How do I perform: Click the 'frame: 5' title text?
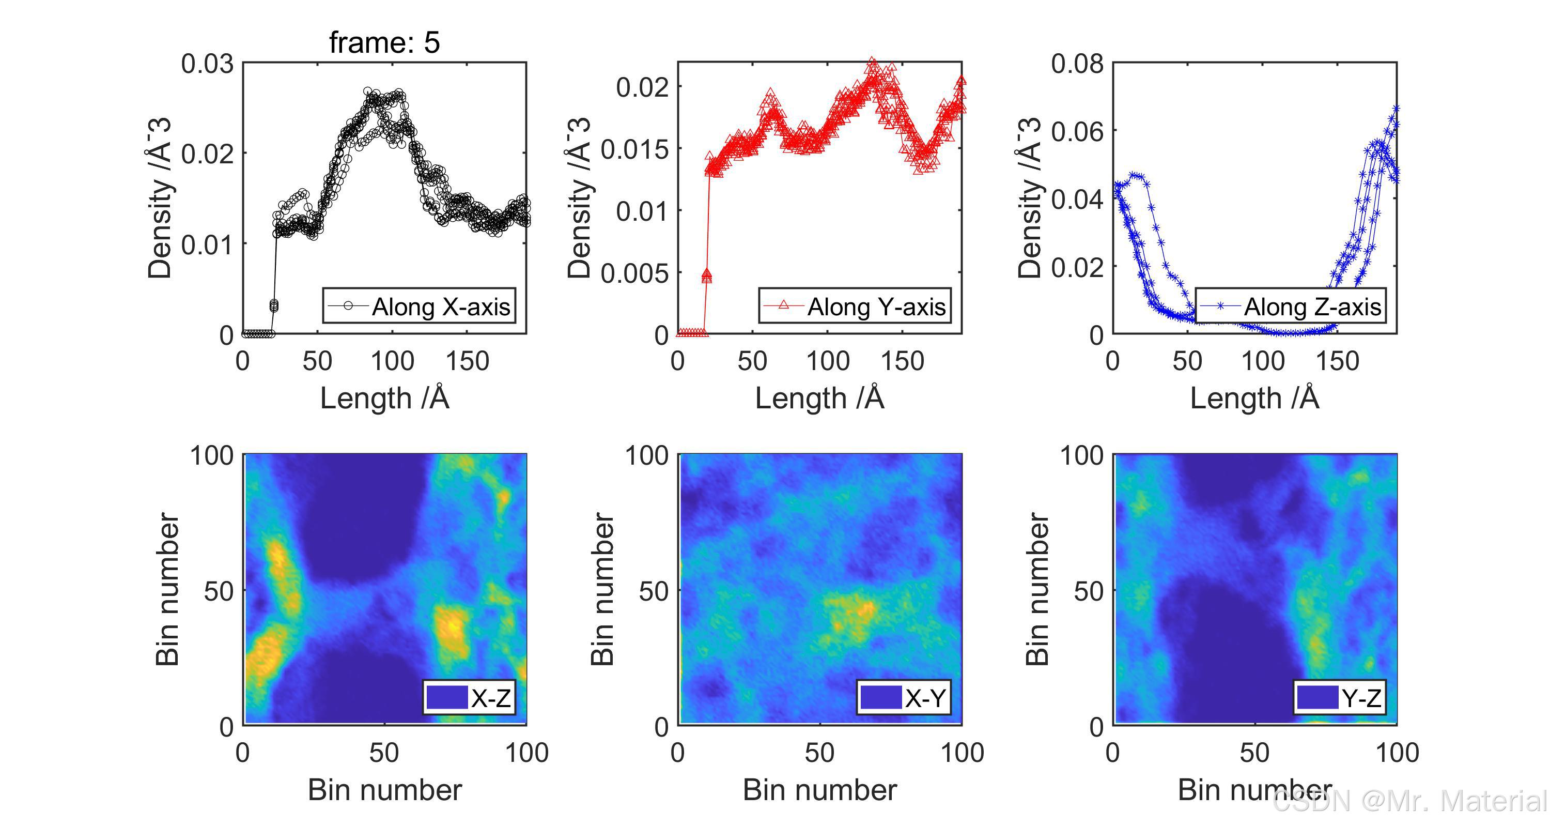click(384, 42)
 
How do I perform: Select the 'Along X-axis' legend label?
click(440, 307)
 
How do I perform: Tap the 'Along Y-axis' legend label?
click(876, 307)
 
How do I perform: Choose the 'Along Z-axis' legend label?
click(1312, 307)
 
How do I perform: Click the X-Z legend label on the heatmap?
click(491, 698)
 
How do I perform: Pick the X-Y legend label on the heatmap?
click(925, 698)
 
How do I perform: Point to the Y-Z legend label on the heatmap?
click(1361, 698)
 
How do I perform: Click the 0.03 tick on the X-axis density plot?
click(207, 64)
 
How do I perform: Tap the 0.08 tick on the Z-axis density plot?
click(1077, 64)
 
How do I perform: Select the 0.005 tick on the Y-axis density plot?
click(634, 273)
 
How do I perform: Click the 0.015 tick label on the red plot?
click(634, 149)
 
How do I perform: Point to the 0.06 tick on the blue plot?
click(1077, 131)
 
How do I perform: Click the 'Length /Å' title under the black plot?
click(384, 399)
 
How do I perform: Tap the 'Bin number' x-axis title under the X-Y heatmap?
click(819, 790)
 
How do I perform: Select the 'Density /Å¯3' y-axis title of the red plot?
click(579, 198)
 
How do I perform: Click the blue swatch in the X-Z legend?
click(447, 698)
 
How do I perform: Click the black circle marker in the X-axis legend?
click(348, 306)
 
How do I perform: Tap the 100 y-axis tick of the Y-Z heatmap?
click(1081, 456)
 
